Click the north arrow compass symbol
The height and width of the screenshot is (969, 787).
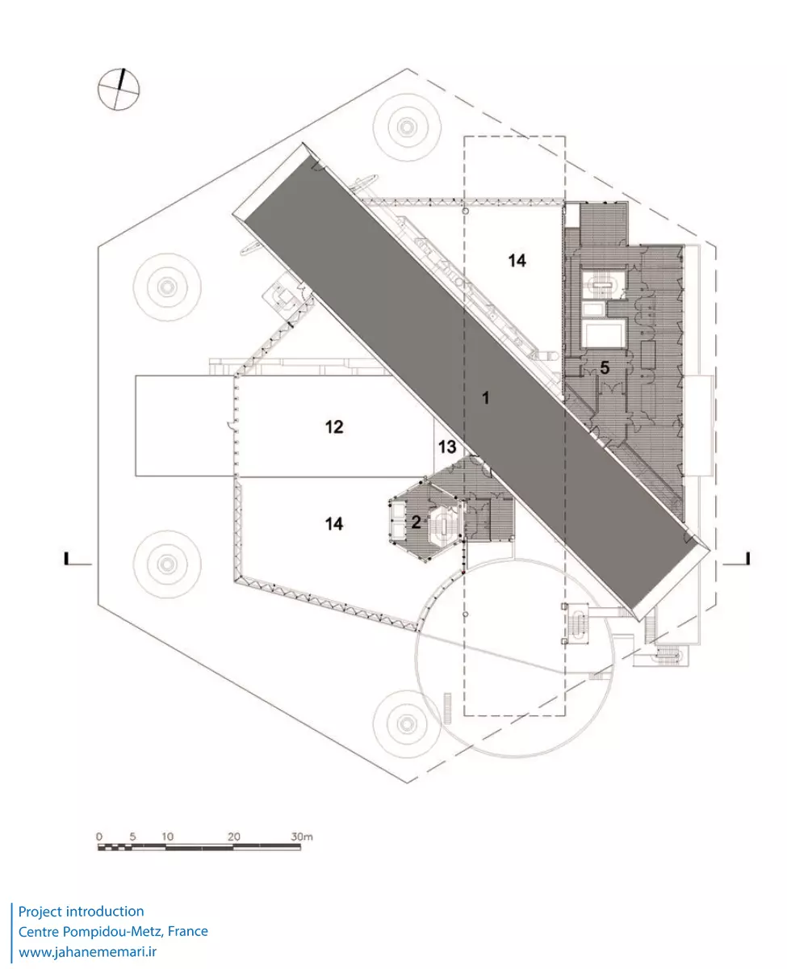(119, 89)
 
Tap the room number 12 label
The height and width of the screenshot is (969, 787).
(334, 426)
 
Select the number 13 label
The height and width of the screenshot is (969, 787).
(447, 447)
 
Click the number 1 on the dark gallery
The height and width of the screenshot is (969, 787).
(486, 397)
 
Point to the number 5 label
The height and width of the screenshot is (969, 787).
(603, 367)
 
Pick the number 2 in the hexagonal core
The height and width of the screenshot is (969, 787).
(417, 522)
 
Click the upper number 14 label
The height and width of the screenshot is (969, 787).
(517, 260)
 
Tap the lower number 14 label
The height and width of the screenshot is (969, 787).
(334, 524)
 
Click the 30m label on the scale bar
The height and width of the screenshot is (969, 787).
(302, 837)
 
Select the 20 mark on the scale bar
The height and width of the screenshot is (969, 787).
(233, 837)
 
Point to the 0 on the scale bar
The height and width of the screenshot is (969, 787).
(98, 837)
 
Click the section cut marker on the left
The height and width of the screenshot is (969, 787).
(69, 558)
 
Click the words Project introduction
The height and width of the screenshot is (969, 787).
(82, 912)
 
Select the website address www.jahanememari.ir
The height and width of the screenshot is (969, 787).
(87, 952)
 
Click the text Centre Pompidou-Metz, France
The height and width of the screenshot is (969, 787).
(113, 932)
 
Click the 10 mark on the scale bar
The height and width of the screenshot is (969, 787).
(167, 837)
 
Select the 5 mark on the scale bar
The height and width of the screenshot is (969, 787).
(132, 837)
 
